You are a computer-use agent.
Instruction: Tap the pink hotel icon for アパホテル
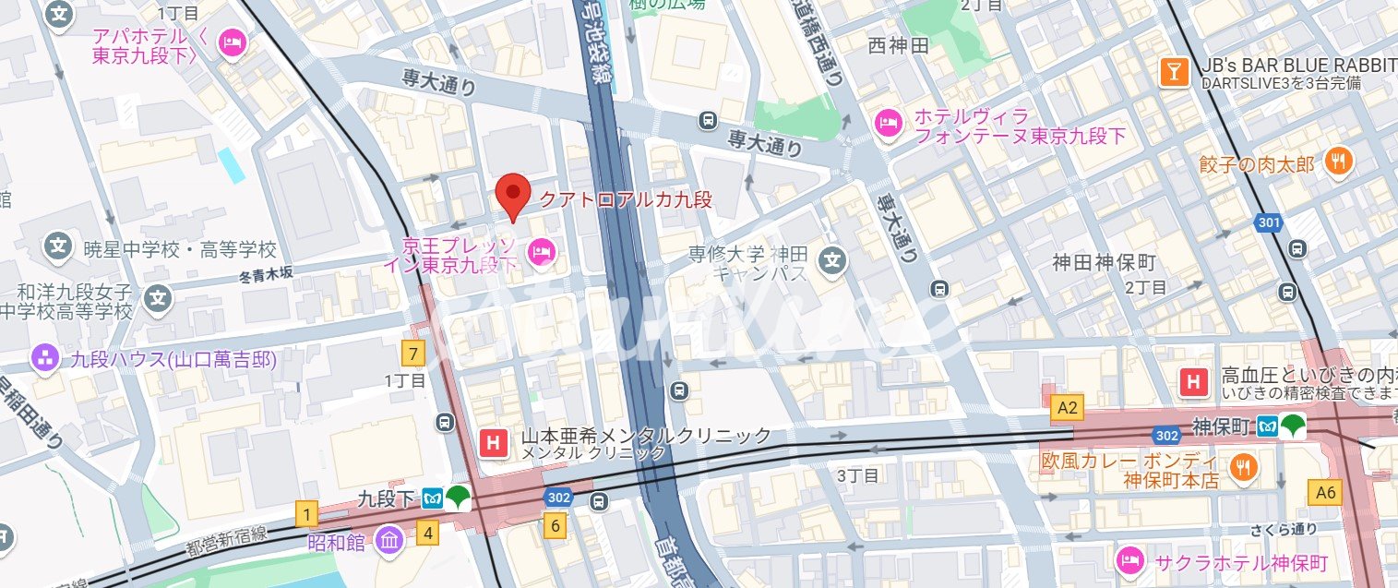233,42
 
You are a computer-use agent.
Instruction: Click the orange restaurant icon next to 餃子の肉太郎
1338,163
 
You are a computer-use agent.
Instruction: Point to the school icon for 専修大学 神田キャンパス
833,261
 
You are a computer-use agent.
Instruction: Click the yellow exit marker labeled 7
412,353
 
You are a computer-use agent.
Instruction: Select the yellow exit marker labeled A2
1068,406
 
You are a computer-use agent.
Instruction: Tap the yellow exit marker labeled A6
1325,493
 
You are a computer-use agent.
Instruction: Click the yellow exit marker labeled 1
306,513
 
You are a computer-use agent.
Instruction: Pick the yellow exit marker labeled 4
426,532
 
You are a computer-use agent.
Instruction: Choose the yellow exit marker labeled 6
554,527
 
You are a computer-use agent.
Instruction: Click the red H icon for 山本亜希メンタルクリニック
493,443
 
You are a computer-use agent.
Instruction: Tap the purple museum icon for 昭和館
390,541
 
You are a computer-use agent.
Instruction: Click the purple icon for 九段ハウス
43,359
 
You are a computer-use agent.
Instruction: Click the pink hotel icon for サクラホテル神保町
1130,560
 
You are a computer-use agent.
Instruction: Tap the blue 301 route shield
1269,222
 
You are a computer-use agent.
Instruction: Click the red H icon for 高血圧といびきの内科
1194,380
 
